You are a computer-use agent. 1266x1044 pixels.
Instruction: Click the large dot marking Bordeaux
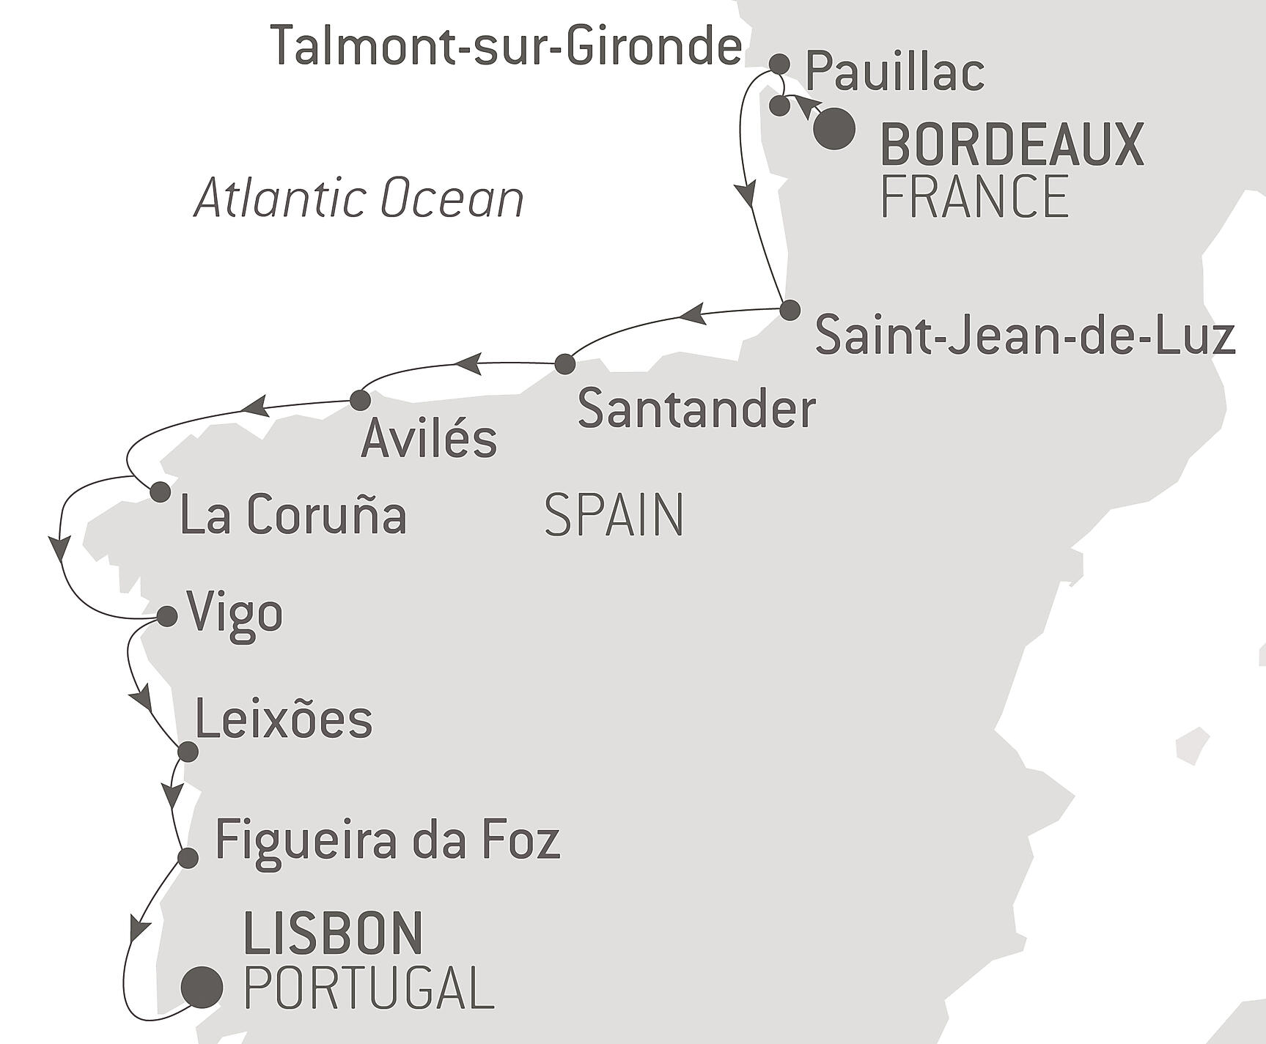pos(834,129)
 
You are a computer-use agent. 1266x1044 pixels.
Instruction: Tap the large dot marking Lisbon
pos(202,988)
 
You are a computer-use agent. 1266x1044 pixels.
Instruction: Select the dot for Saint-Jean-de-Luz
pos(789,310)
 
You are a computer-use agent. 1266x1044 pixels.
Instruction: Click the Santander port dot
pos(564,363)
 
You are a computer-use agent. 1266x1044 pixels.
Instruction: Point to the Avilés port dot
pos(359,400)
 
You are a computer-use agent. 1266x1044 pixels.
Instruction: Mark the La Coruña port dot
pos(160,492)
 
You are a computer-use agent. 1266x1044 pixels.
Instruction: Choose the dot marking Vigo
pos(167,616)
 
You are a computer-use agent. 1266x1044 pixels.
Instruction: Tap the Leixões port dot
pos(188,752)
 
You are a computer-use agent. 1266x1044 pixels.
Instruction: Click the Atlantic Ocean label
pos(359,199)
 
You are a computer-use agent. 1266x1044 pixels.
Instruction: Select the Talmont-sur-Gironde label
pos(506,46)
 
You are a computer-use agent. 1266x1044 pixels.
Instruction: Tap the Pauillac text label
pos(894,73)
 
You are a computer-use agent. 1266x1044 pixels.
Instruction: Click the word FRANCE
pos(974,197)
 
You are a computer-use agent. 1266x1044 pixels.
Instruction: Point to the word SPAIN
pos(614,516)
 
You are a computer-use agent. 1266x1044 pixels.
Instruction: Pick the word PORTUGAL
pos(368,989)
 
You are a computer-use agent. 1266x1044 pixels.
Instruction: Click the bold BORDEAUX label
pos(1012,146)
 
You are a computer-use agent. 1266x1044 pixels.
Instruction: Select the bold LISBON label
pos(334,933)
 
